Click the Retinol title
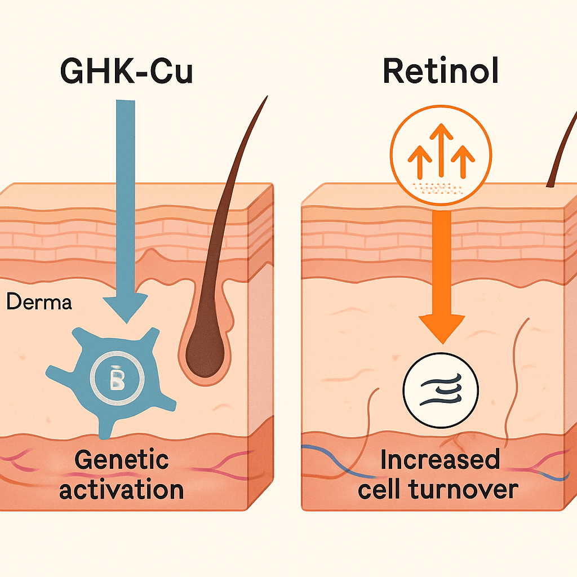(x=441, y=72)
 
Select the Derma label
(x=39, y=303)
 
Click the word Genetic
(x=121, y=460)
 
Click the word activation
(x=121, y=489)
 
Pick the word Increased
(x=440, y=460)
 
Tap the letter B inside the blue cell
(x=116, y=381)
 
